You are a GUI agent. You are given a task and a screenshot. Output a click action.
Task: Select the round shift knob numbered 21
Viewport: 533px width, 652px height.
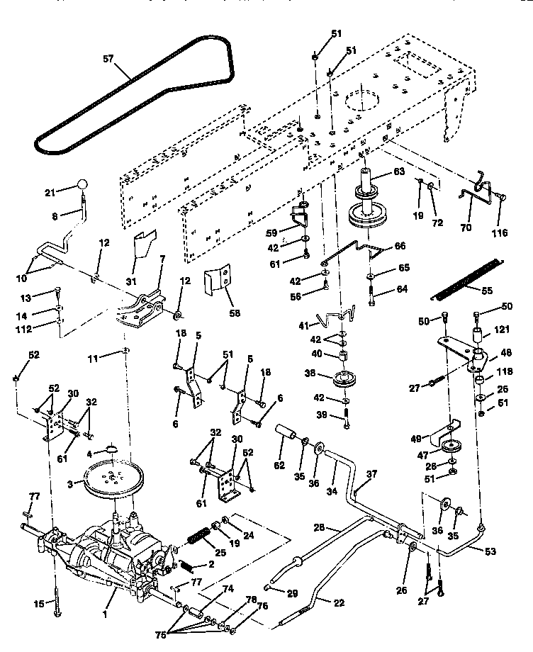pyautogui.click(x=83, y=185)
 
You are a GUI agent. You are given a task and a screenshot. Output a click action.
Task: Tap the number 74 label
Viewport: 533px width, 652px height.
pyautogui.click(x=227, y=588)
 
